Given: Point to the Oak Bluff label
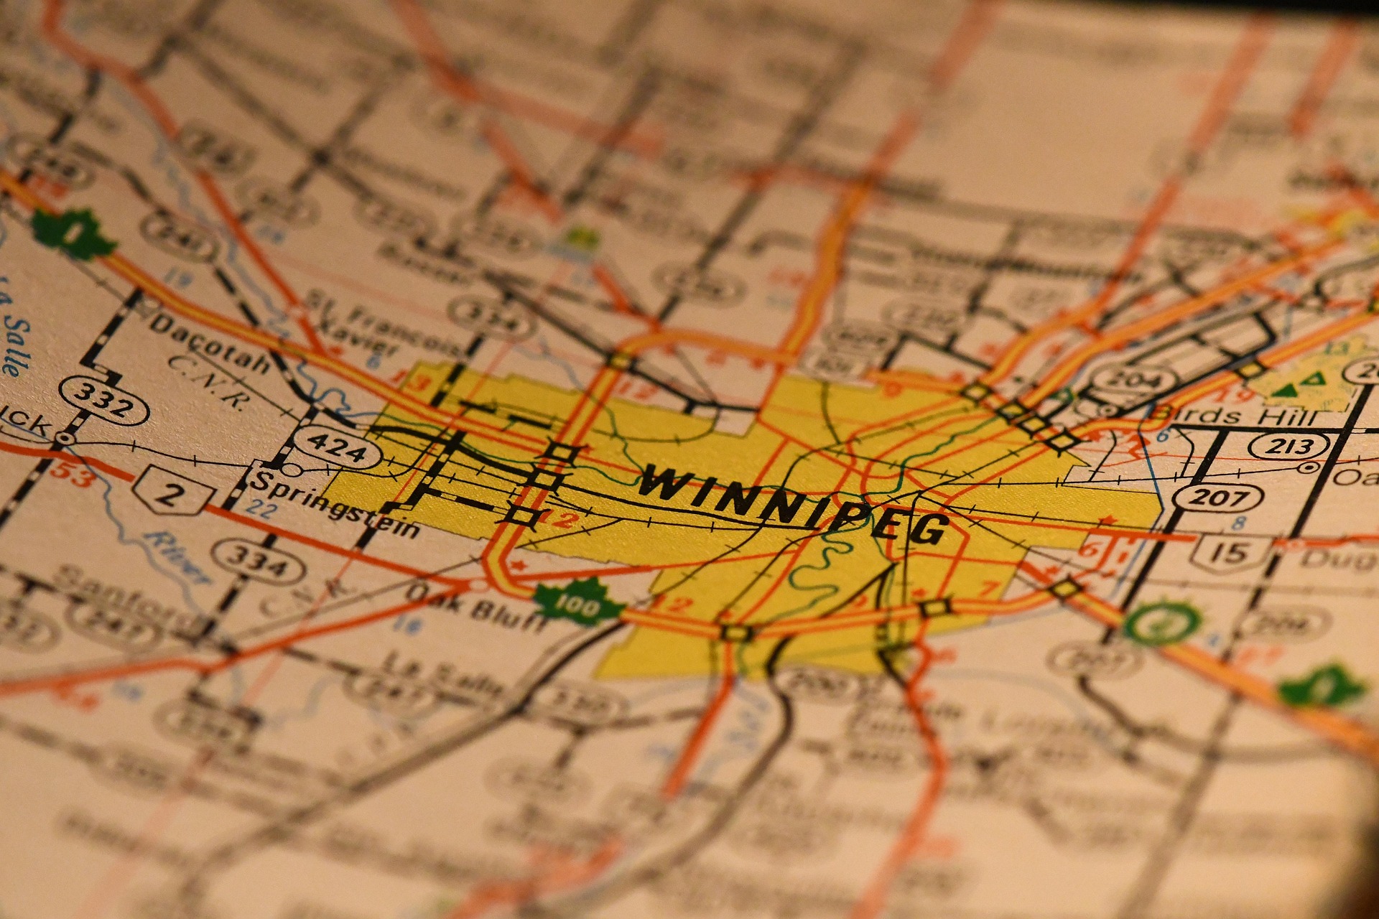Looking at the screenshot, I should [474, 607].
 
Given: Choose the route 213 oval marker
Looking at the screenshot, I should [1289, 446].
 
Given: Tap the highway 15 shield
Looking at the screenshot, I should [1230, 551].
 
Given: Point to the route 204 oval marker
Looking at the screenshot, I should [1133, 378].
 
